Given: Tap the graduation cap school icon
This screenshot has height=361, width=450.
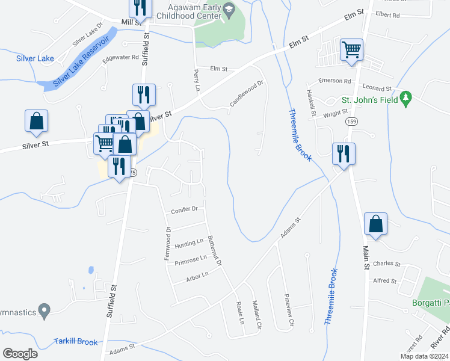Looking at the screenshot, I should click(x=229, y=10).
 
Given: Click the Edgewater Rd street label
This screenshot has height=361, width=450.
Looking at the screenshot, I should click(x=120, y=58).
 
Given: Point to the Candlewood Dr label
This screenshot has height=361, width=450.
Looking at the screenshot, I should click(x=247, y=94).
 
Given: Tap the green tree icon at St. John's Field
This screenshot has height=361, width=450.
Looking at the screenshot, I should click(x=407, y=99).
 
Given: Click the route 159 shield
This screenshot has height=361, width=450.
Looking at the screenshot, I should click(x=349, y=122).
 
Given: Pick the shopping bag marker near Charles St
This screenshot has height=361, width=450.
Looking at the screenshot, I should click(x=375, y=224).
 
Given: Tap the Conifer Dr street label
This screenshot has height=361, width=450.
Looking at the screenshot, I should click(x=184, y=209).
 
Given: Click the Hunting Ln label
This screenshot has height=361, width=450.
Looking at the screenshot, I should click(x=189, y=244).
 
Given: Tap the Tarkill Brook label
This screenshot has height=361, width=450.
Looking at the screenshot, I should click(x=75, y=342).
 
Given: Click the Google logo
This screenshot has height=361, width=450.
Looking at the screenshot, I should click(x=20, y=354).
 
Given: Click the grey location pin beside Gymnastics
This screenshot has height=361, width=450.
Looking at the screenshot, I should click(x=43, y=310).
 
